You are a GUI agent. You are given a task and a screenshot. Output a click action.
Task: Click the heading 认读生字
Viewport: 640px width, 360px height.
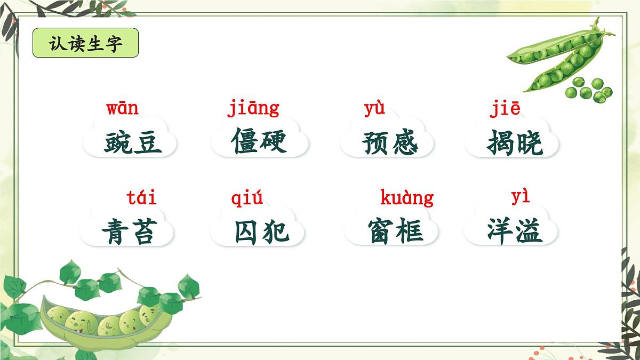point(85,43)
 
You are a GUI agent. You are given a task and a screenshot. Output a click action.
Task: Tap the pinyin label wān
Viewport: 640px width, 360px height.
point(122,109)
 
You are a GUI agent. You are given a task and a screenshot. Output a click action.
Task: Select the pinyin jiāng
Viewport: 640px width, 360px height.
point(253,109)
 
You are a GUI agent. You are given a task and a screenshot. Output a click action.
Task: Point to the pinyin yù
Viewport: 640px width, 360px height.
point(374,109)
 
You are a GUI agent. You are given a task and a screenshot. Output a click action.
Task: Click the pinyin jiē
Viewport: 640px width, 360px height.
point(505,109)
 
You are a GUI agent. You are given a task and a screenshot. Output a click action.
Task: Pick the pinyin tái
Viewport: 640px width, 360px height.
point(142,198)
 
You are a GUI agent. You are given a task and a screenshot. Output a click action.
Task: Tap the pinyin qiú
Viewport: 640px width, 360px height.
point(247,199)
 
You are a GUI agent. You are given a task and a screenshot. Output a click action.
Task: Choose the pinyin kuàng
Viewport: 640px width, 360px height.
point(406,198)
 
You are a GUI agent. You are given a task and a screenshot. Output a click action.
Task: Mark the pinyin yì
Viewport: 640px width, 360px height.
point(521,197)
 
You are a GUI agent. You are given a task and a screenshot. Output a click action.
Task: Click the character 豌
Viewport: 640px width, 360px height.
point(118,142)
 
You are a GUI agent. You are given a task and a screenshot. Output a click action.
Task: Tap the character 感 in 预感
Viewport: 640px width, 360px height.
point(404,142)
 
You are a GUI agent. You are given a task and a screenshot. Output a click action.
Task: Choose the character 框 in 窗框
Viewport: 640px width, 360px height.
point(410,232)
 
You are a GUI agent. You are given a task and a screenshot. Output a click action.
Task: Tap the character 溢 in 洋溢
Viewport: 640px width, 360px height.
point(529,231)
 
